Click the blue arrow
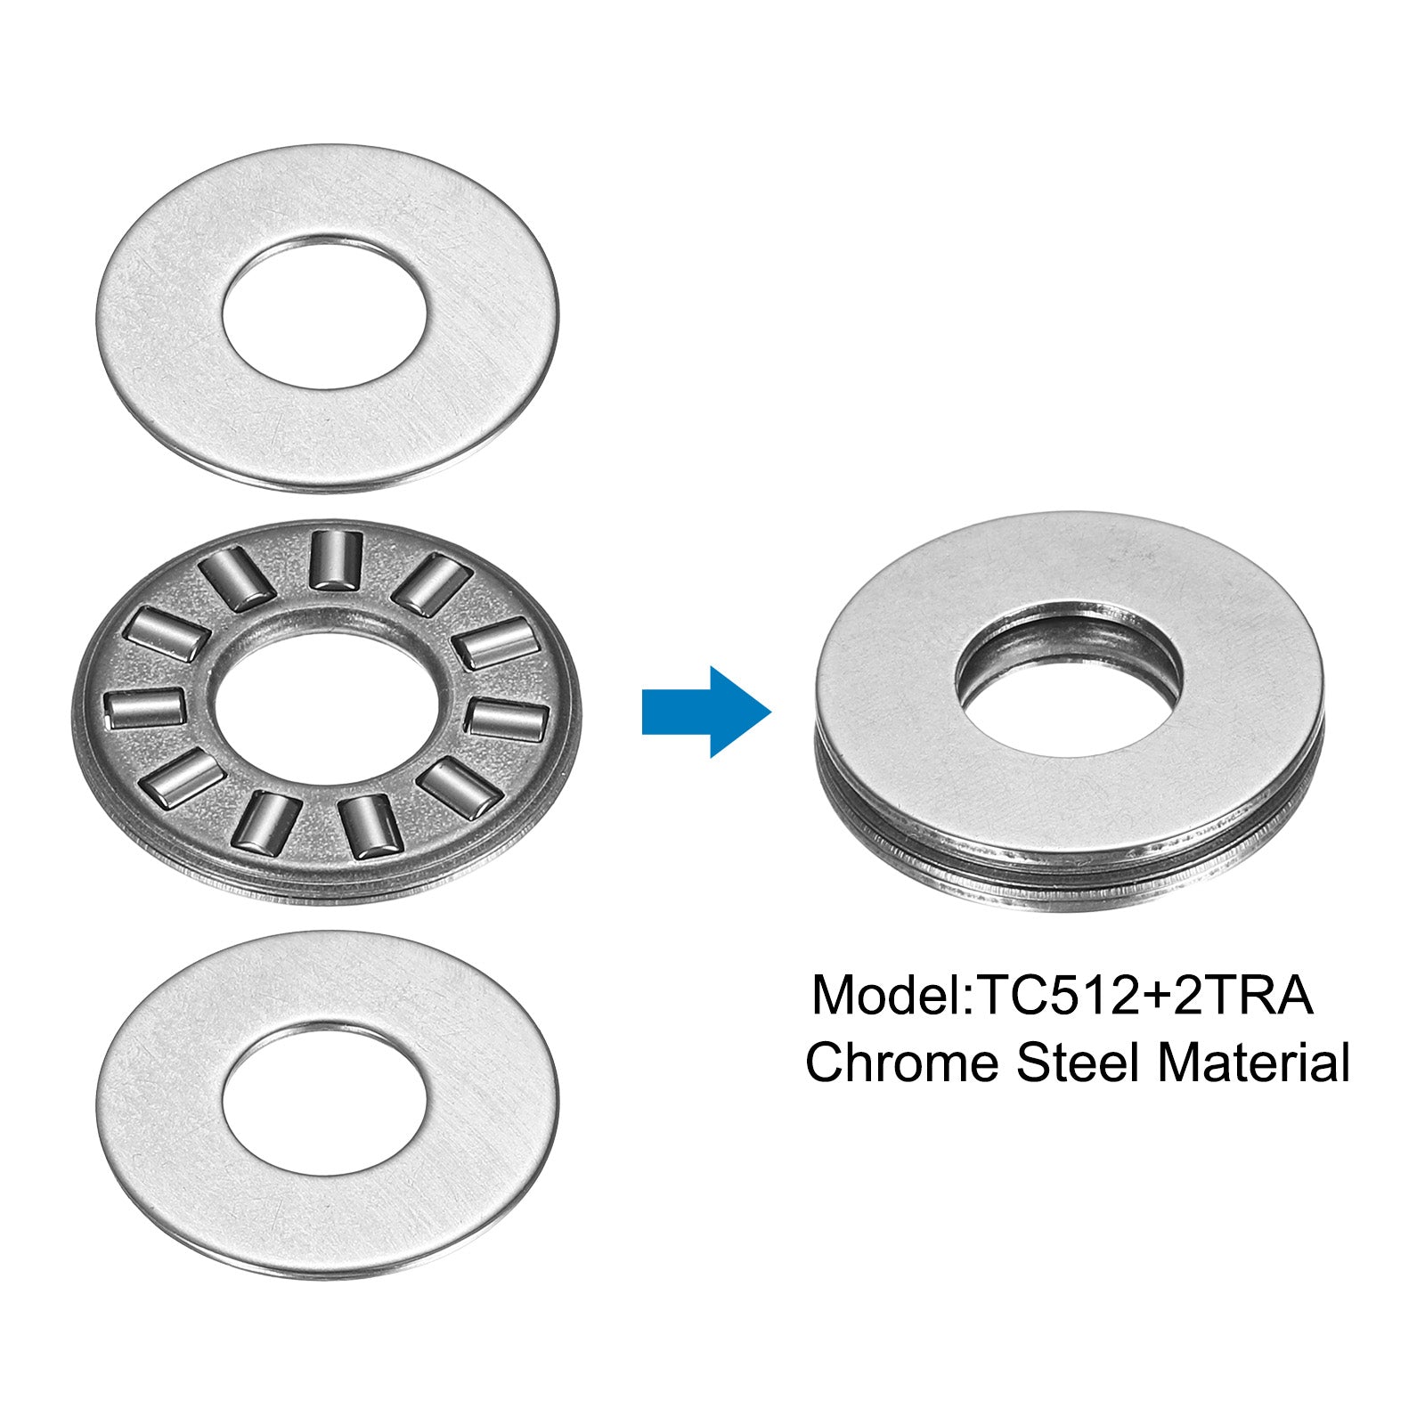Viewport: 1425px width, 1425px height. tap(706, 712)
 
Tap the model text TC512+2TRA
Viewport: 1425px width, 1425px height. tap(1145, 996)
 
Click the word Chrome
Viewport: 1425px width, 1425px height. tap(902, 1063)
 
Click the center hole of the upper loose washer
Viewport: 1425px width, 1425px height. tap(326, 312)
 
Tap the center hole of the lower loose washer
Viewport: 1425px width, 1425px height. tap(326, 1099)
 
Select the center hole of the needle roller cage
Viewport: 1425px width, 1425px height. tap(326, 707)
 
